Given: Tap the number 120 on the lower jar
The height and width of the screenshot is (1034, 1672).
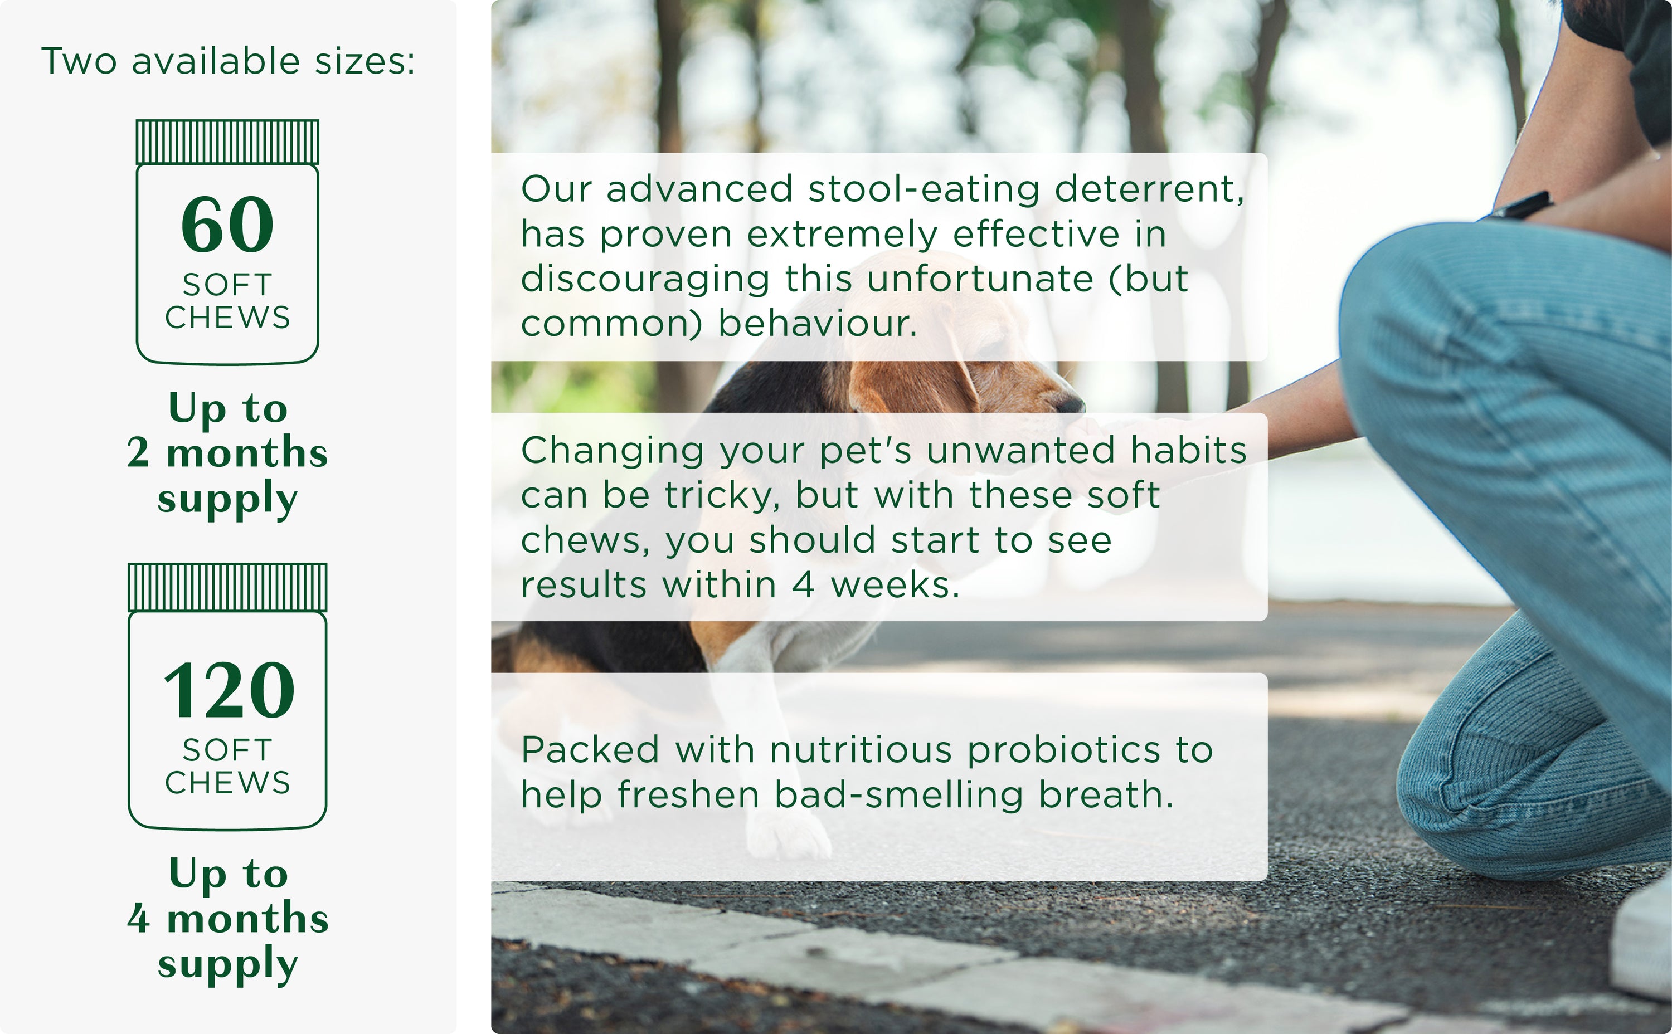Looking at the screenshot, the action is pos(229,690).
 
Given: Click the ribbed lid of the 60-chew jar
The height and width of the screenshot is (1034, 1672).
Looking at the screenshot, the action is pos(228,142).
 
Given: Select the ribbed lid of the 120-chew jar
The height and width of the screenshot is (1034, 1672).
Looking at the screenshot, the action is pos(228,587).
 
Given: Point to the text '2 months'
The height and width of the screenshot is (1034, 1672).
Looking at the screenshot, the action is pos(228,453).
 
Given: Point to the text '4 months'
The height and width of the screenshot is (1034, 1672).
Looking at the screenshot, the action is pos(228,918).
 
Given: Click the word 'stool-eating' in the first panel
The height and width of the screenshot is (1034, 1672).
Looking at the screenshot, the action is pos(924,190).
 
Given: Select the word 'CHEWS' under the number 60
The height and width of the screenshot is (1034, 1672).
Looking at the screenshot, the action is pos(228,318).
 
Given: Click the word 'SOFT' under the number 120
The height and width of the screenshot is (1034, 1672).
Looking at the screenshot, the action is pos(228,750).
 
